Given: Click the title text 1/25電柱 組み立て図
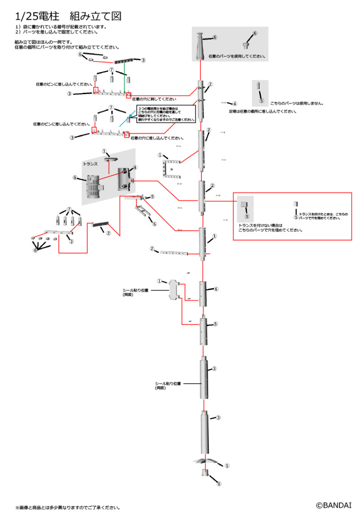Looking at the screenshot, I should click(68, 16).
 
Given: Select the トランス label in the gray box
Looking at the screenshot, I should click(90, 165).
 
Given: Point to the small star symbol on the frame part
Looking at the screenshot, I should click(171, 169).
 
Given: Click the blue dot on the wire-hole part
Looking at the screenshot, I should click(130, 115).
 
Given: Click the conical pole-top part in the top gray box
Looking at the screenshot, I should click(201, 45).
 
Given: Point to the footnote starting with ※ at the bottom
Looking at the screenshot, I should click(68, 508).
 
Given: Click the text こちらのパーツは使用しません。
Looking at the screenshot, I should click(297, 103).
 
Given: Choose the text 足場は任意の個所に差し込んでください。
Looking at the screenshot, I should click(262, 111).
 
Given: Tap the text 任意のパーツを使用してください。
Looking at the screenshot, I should click(237, 57).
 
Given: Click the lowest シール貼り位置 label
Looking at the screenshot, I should click(167, 385).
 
